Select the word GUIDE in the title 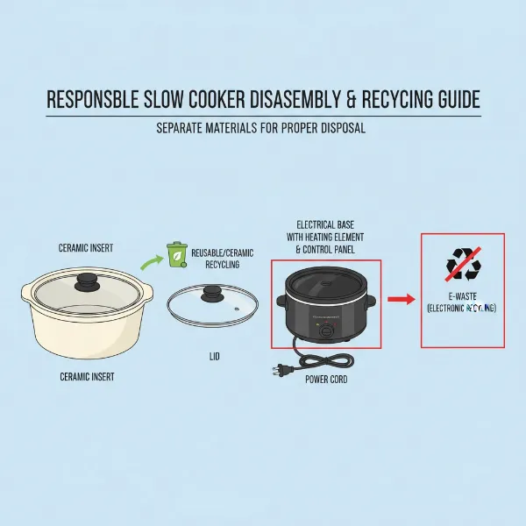click(x=453, y=101)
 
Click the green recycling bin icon click(x=176, y=255)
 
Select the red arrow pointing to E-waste click(x=400, y=300)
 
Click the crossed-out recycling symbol click(x=463, y=263)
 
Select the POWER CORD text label click(x=329, y=379)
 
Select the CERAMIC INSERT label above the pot click(x=85, y=247)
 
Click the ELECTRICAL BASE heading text click(x=325, y=224)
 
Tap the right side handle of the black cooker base click(x=370, y=302)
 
